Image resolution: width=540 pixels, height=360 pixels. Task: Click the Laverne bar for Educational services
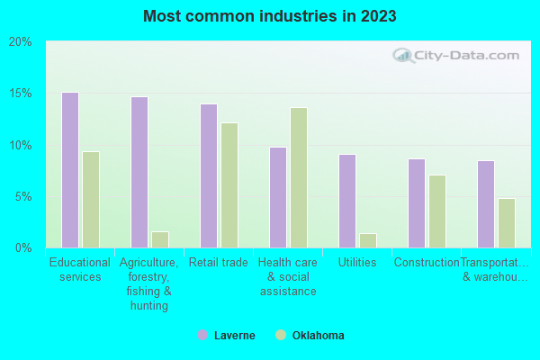70,170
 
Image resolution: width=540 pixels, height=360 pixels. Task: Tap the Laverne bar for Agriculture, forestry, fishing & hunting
139,172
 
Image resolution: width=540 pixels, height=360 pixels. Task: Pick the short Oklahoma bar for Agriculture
160,239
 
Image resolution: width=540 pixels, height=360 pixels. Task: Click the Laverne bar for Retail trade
209,175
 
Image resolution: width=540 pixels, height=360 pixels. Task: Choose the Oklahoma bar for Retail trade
229,185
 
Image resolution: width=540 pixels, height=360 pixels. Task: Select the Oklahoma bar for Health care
299,177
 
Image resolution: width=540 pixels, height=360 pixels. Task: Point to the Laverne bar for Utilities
347,201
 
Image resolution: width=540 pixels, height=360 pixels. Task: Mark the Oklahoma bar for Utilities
368,240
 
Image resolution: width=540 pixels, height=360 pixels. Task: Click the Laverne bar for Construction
417,203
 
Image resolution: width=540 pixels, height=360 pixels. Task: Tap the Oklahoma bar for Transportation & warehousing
507,223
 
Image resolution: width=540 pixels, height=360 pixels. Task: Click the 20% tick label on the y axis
21,42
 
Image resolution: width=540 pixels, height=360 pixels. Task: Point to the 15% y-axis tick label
21,94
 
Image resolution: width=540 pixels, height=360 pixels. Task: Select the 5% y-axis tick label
23,196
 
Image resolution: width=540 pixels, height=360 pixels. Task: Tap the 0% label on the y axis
23,247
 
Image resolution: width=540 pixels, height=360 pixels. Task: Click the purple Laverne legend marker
202,336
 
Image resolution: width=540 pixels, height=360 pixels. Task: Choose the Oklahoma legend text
318,336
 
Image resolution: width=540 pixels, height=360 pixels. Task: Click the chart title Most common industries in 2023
269,16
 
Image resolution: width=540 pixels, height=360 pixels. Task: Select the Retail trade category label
218,263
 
